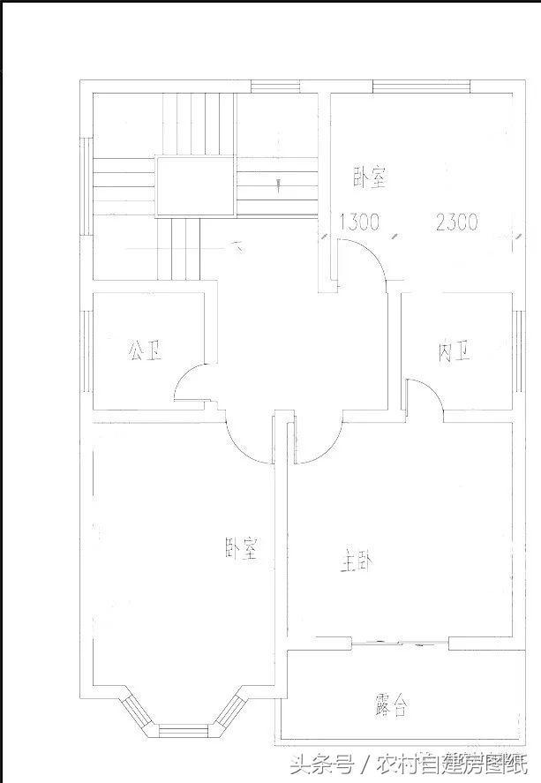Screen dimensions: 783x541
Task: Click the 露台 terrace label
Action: click(x=391, y=704)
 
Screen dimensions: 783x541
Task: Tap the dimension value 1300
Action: click(x=359, y=222)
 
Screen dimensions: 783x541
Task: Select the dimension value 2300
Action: click(x=456, y=222)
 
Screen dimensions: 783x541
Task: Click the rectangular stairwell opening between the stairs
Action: click(x=195, y=186)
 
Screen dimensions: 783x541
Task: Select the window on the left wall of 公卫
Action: click(x=86, y=351)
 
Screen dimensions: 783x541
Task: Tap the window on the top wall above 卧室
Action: click(x=407, y=86)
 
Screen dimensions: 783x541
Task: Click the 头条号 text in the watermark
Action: click(x=328, y=762)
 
